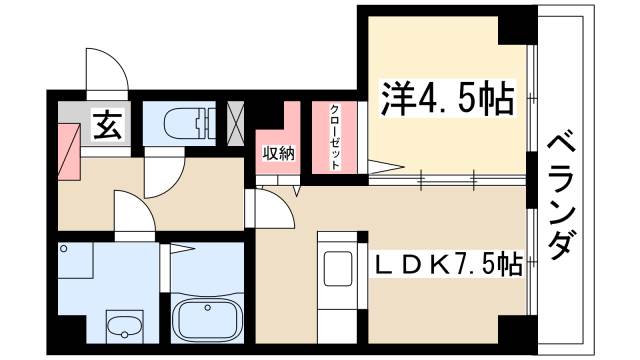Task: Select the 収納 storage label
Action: pyautogui.click(x=279, y=152)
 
